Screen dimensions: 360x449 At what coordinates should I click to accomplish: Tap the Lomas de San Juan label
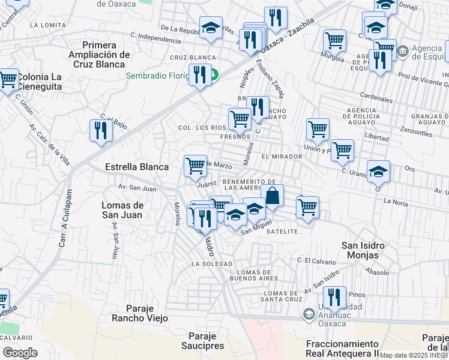[122, 210]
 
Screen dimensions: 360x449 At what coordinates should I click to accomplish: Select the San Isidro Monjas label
[363, 250]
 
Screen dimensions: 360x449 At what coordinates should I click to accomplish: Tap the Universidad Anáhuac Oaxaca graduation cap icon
[309, 313]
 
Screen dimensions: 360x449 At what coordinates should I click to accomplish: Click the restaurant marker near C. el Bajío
[100, 130]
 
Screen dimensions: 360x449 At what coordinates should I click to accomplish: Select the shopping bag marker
[273, 196]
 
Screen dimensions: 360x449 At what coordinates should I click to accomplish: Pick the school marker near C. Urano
[378, 172]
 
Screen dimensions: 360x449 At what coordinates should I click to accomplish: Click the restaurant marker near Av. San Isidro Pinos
[334, 297]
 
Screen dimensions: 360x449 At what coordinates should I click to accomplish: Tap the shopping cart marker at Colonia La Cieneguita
[8, 79]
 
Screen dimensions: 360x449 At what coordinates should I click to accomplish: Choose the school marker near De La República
[211, 28]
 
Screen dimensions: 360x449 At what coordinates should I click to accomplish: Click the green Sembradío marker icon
[213, 76]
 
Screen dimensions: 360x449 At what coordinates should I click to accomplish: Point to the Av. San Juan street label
[137, 188]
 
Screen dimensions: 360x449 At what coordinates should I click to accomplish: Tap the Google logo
[20, 352]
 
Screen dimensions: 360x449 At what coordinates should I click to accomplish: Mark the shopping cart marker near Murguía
[334, 41]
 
